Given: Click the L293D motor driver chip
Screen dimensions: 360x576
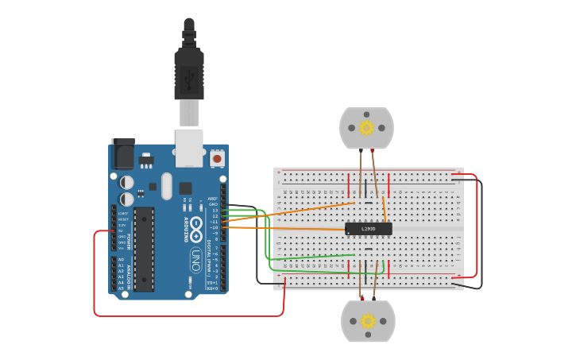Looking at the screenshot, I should [x=368, y=229].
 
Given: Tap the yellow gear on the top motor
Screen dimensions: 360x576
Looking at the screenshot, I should [x=366, y=128].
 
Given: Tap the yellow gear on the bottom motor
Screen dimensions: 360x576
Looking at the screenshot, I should [x=368, y=321].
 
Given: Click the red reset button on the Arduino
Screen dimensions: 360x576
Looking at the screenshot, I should [x=217, y=159].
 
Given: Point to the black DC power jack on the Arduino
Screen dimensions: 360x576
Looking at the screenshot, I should [x=123, y=153].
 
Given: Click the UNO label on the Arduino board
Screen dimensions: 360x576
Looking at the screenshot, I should [x=195, y=259].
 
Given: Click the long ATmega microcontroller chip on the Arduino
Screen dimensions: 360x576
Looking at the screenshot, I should [x=144, y=249].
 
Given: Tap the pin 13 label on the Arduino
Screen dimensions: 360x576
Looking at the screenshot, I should [x=214, y=210].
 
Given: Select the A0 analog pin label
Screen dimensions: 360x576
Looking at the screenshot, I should [x=121, y=260].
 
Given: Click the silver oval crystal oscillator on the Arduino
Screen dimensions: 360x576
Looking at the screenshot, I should [x=166, y=186].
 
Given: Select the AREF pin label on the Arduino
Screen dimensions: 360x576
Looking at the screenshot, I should [x=212, y=199].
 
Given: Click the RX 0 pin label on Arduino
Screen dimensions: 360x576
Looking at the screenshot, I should [x=212, y=288].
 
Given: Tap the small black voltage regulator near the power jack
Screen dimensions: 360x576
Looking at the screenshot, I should [x=145, y=161].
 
